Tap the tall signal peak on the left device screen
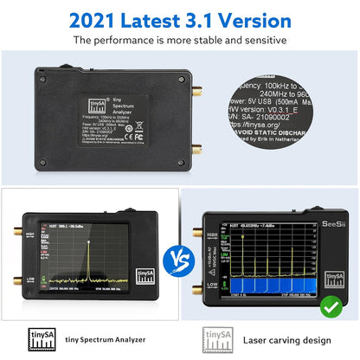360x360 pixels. coord(87,260)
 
